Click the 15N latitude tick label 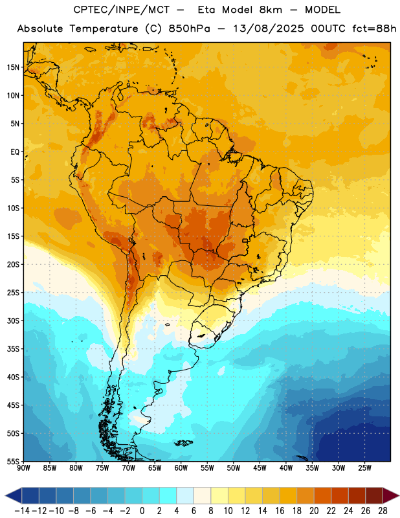pyautogui.click(x=13, y=67)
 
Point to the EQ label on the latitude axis pyautogui.click(x=15, y=152)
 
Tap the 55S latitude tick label pyautogui.click(x=13, y=461)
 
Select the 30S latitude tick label pyautogui.click(x=13, y=321)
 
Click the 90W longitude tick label pyautogui.click(x=23, y=468)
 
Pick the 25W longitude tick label pyautogui.click(x=364, y=468)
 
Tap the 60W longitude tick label pyautogui.click(x=181, y=468)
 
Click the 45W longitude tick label pyautogui.click(x=260, y=468)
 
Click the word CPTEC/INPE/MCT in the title pyautogui.click(x=122, y=10)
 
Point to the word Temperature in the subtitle pyautogui.click(x=104, y=29)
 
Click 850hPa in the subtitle pyautogui.click(x=189, y=29)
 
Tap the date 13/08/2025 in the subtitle pyautogui.click(x=269, y=29)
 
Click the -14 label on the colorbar pyautogui.click(x=22, y=511)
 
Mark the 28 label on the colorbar pyautogui.click(x=383, y=511)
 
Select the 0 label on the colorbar pyautogui.click(x=142, y=511)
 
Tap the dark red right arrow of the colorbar pyautogui.click(x=391, y=495)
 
